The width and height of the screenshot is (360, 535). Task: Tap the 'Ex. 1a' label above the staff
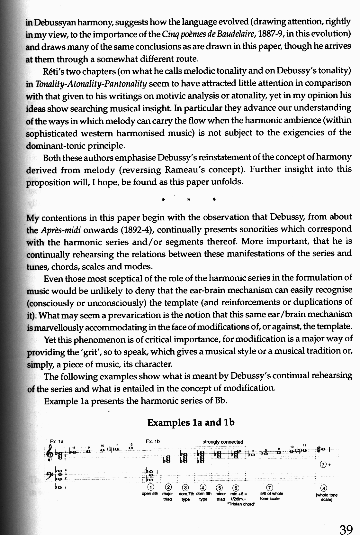tap(57, 441)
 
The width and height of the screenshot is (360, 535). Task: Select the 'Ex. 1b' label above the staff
tap(153, 441)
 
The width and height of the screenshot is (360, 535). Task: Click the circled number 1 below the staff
tap(150, 486)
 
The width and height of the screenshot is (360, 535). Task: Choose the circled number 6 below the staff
tap(236, 486)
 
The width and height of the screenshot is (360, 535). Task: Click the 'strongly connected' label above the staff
tap(223, 442)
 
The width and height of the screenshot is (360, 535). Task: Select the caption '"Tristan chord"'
tap(241, 504)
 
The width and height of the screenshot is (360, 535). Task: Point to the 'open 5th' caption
tap(150, 493)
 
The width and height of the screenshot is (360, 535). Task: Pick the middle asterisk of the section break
tap(189, 200)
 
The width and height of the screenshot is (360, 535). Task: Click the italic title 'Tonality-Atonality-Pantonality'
tap(91, 84)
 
